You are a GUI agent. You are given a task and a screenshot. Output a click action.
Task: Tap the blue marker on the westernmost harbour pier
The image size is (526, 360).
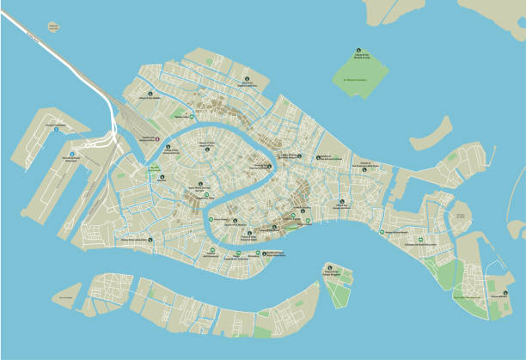(x=56, y=131)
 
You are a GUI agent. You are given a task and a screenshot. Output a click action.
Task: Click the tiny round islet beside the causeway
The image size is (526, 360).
(x=54, y=27)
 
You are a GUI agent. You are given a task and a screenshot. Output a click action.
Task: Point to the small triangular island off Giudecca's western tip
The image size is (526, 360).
(x=65, y=297)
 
